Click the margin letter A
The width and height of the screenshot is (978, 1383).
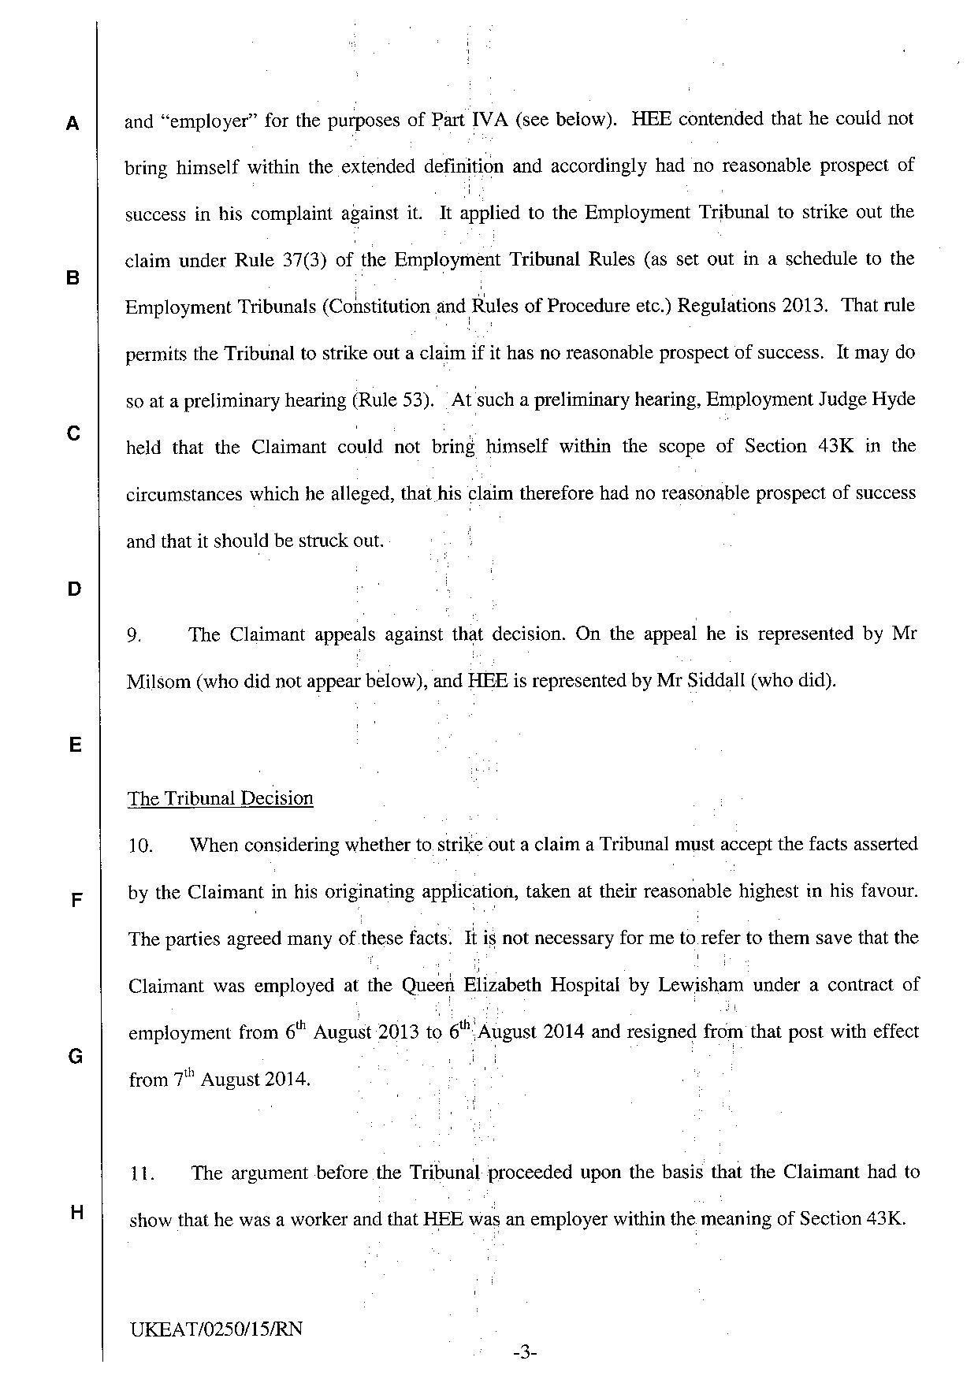point(73,124)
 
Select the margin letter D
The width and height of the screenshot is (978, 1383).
point(73,589)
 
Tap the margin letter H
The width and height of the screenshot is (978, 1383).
point(75,1212)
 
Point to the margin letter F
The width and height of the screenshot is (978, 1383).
point(76,901)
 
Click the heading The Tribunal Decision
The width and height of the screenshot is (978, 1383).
point(221,798)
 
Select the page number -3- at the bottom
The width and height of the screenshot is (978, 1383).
point(524,1354)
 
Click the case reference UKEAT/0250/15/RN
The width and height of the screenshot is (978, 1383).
point(218,1329)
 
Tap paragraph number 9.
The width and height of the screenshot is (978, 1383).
point(134,635)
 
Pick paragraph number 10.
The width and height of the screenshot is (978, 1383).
point(140,846)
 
